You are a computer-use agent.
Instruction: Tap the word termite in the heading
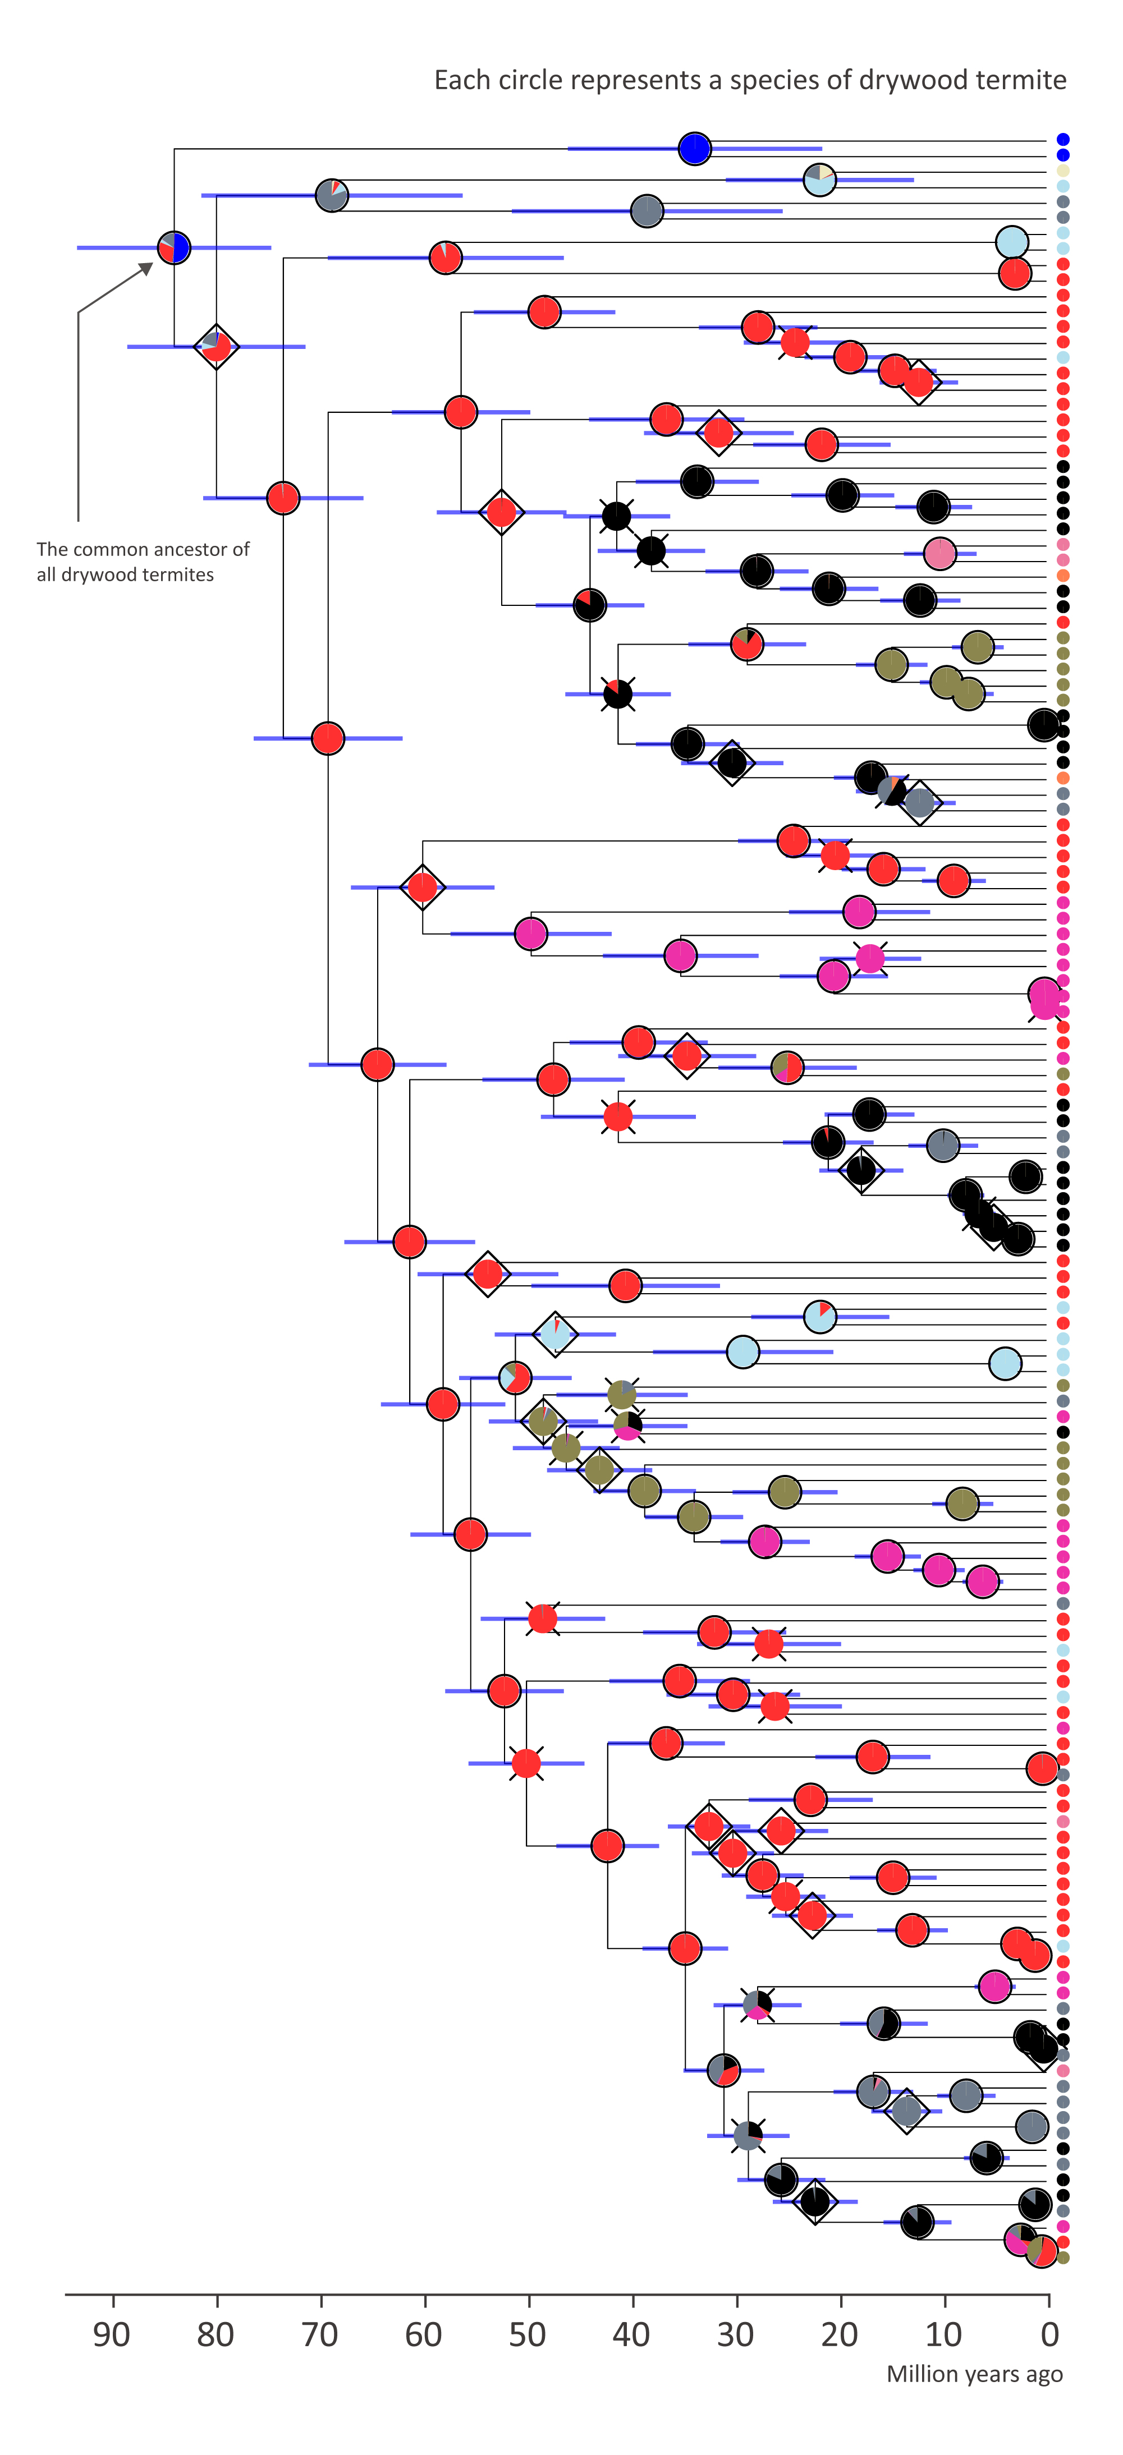click(1025, 80)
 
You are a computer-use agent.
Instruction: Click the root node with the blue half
click(173, 248)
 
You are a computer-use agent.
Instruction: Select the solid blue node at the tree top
click(695, 149)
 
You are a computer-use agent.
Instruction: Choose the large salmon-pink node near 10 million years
click(940, 553)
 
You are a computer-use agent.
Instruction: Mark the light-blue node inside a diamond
click(555, 1334)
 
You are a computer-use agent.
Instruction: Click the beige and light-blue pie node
click(820, 179)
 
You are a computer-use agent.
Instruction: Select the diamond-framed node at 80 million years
click(217, 346)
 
